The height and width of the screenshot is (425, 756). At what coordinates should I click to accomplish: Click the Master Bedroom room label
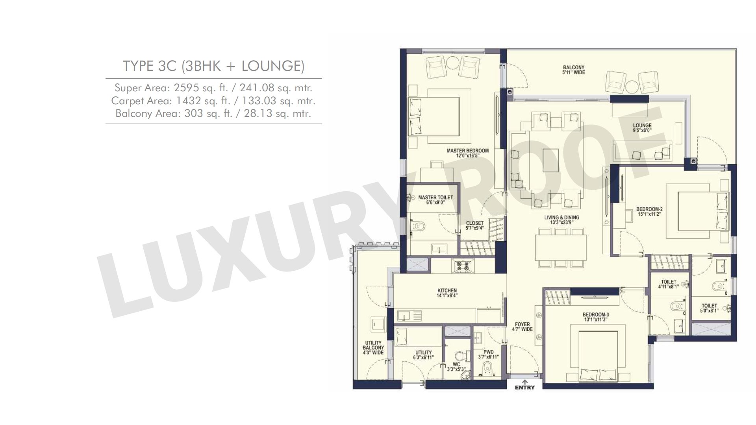click(x=467, y=153)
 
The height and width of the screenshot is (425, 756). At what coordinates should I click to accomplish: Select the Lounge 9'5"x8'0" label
click(x=642, y=128)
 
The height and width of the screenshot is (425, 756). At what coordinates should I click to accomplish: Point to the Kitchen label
click(x=447, y=293)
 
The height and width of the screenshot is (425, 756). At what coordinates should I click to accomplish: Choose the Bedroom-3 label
click(x=596, y=317)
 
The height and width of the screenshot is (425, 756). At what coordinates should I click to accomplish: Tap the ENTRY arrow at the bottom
click(x=525, y=382)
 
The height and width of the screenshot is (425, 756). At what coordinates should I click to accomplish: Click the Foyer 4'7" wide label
click(x=522, y=327)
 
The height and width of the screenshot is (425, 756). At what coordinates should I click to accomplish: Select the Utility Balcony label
click(x=373, y=348)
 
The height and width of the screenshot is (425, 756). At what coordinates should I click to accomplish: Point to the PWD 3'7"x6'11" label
click(x=488, y=355)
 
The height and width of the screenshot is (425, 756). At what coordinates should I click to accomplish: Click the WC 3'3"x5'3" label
click(x=456, y=367)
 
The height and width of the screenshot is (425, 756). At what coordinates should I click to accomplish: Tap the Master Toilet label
click(x=435, y=200)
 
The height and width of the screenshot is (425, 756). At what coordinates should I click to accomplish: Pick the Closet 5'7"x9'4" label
click(x=474, y=225)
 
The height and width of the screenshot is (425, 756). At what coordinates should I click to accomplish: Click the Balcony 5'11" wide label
click(x=574, y=70)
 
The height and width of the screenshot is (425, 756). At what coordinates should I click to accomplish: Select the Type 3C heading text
click(x=214, y=66)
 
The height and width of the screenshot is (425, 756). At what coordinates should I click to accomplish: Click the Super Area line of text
click(x=213, y=87)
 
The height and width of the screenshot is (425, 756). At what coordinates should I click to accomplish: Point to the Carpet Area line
click(x=213, y=101)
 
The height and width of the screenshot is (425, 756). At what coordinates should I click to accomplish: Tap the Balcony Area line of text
click(x=213, y=114)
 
